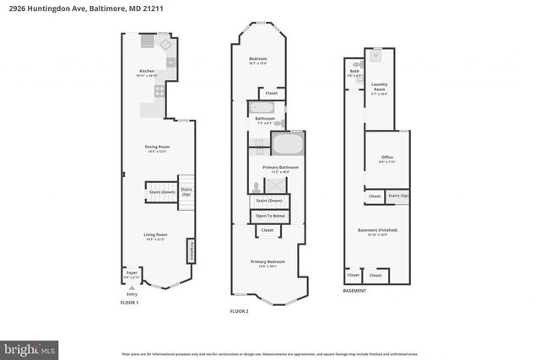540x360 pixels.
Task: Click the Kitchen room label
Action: point(147,71)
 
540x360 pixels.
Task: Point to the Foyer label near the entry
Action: point(132,272)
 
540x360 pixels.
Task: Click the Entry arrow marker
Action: point(132,287)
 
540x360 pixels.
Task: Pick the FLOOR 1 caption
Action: point(129,302)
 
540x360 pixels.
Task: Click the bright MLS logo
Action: point(30,347)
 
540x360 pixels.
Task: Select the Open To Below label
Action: point(271,217)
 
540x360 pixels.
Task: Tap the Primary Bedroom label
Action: point(268,262)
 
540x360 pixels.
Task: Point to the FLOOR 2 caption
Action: point(240,311)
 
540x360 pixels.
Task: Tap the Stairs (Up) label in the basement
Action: point(398,196)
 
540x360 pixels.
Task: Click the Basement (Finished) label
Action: point(376,230)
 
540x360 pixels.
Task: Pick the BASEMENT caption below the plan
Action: point(354,291)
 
